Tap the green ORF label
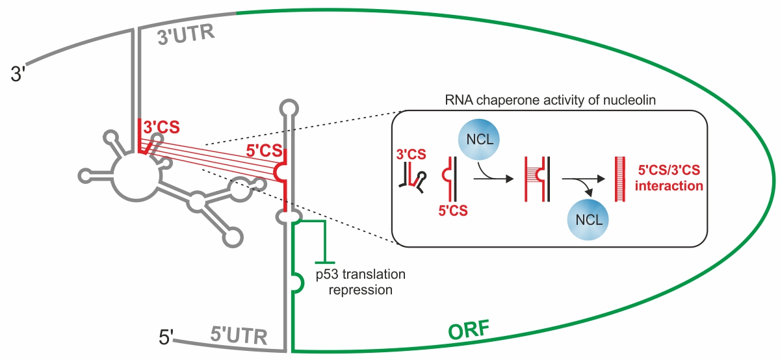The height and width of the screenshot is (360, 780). (x=470, y=330)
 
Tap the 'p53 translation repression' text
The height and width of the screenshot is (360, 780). (x=360, y=282)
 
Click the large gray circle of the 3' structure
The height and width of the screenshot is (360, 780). (x=135, y=176)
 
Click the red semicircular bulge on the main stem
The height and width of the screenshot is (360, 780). (x=281, y=172)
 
